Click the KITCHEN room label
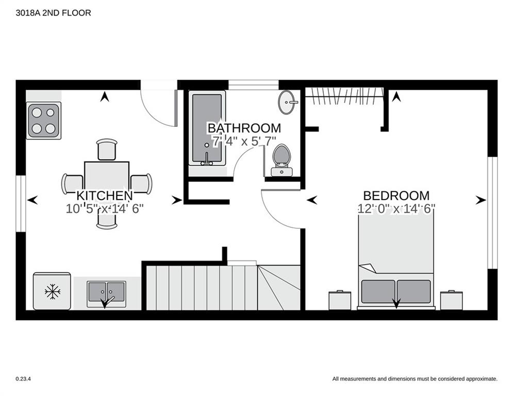pos(105,195)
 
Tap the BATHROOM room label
pos(244,128)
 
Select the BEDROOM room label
pos(396,195)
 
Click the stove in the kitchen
pos(43,121)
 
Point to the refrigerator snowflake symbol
pos(53,292)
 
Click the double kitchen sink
pos(106,294)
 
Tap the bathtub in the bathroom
pos(207,128)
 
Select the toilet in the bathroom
pos(282,160)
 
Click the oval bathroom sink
pos(288,102)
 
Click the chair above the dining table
pos(107,149)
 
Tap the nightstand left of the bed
pos(340,300)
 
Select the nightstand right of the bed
pos(452,300)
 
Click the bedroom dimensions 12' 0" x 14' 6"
pos(396,208)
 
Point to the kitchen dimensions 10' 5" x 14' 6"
pos(105,208)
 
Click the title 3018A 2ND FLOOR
pos(53,13)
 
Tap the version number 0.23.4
pos(23,379)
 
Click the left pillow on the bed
pos(378,291)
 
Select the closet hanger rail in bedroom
pos(344,95)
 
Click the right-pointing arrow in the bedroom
pos(481,200)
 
